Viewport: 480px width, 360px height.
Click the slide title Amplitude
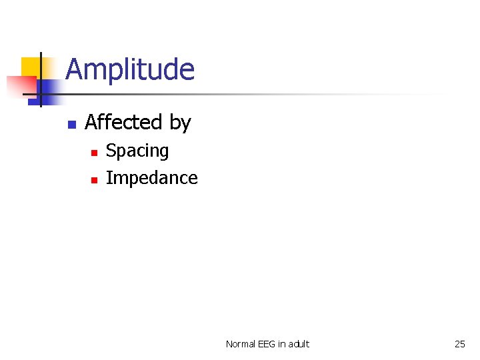coord(130,70)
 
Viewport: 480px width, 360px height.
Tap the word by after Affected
coord(180,123)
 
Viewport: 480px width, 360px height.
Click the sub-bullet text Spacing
coord(137,151)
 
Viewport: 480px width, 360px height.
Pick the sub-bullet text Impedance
coord(152,178)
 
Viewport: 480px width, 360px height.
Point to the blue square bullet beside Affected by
coord(71,124)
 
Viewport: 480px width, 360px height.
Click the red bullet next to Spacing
coord(94,153)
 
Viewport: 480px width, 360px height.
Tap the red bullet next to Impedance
coord(94,179)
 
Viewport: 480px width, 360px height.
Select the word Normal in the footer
coord(240,344)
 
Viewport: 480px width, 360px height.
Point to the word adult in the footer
coord(297,344)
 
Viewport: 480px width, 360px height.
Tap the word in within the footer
coord(281,344)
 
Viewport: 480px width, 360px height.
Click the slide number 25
coord(460,344)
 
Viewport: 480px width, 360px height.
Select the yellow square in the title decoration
coord(31,67)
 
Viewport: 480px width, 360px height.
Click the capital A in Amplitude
coord(74,70)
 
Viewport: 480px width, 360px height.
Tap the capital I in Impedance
coord(109,178)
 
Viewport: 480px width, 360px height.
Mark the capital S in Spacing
coord(111,151)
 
